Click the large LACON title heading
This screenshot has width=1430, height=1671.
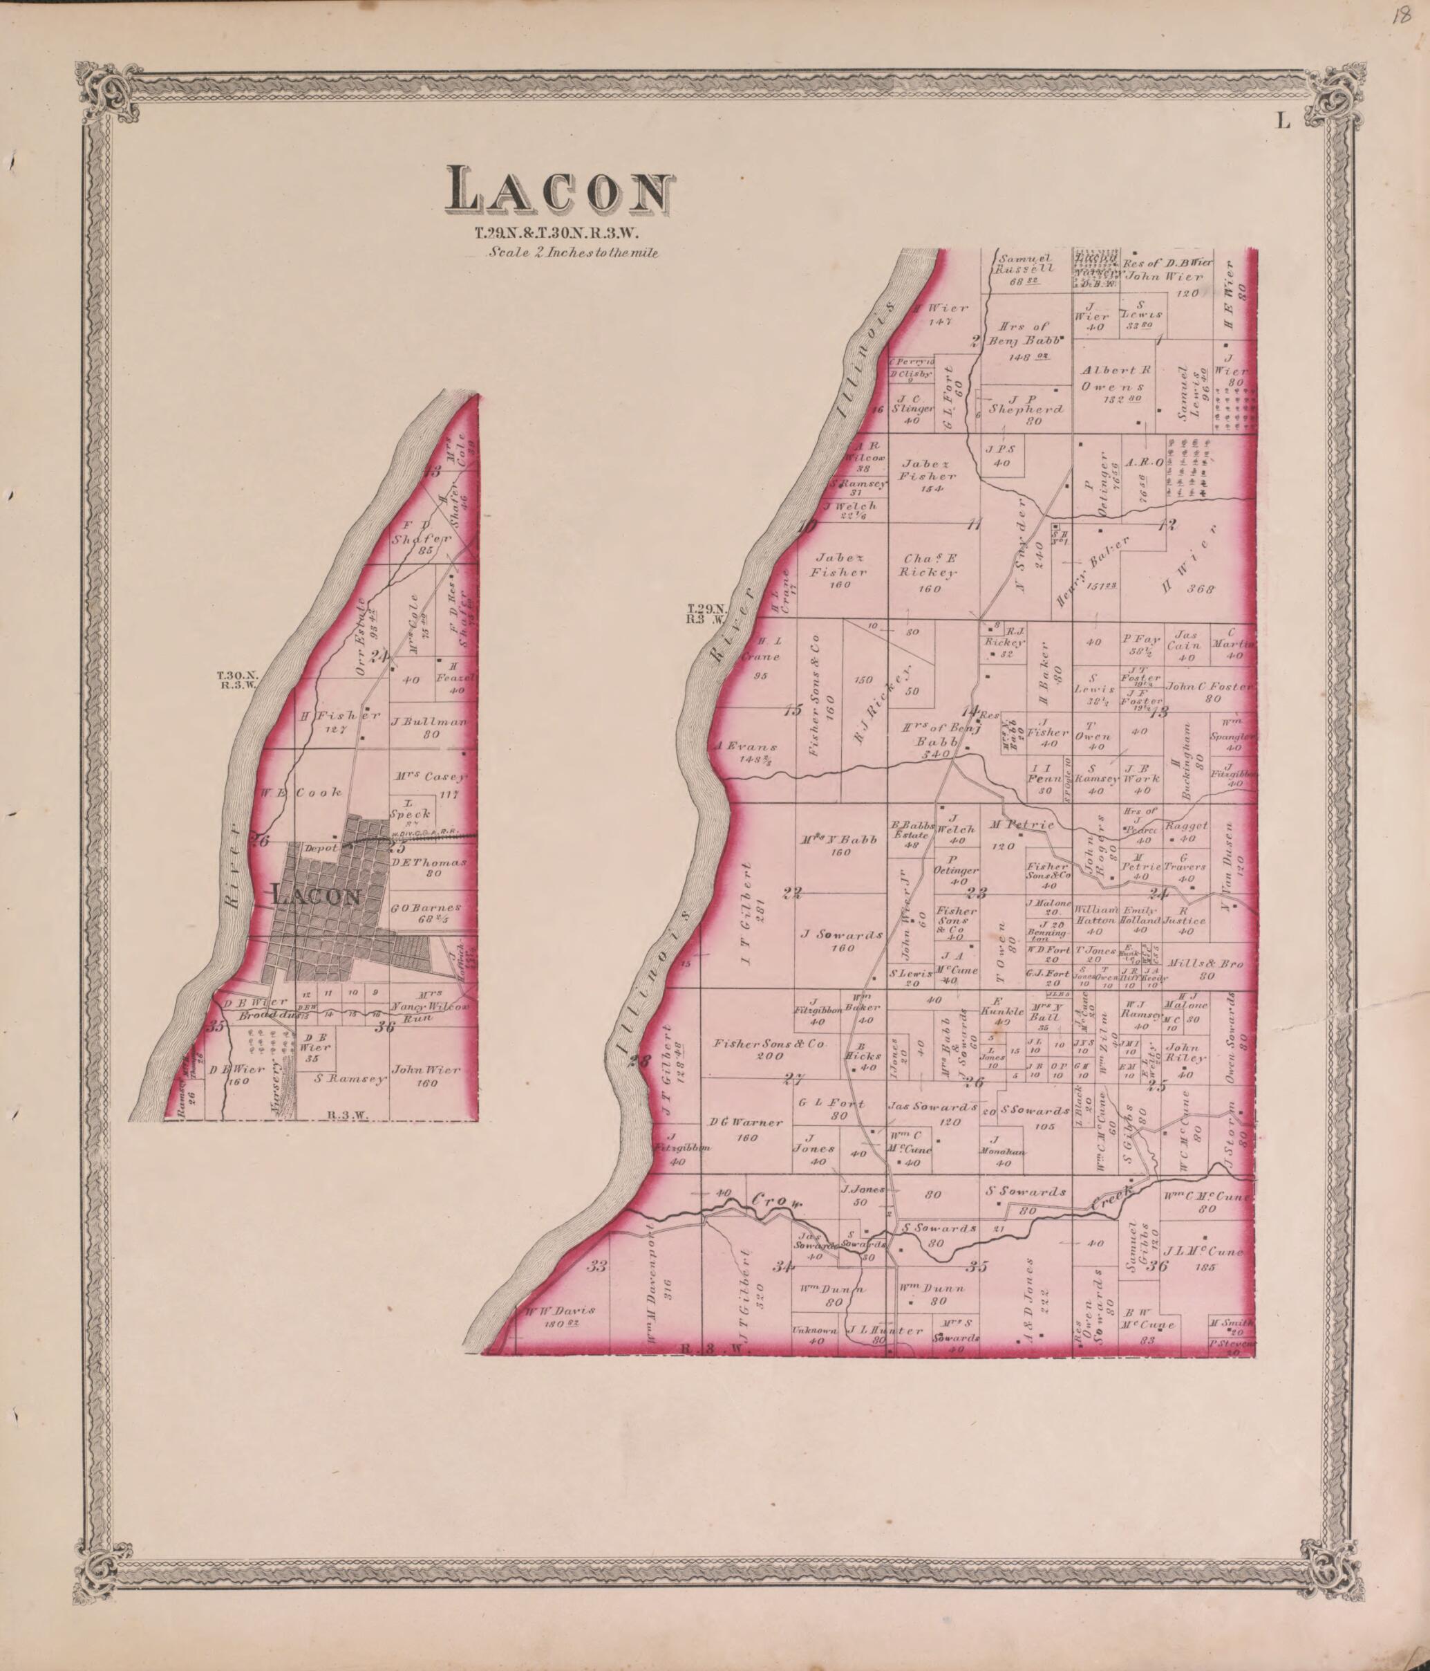pyautogui.click(x=559, y=193)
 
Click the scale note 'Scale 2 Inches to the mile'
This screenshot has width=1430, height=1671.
pyautogui.click(x=572, y=252)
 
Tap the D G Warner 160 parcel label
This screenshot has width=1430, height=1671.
pyautogui.click(x=746, y=1127)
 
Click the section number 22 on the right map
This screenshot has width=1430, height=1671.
pyautogui.click(x=792, y=893)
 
